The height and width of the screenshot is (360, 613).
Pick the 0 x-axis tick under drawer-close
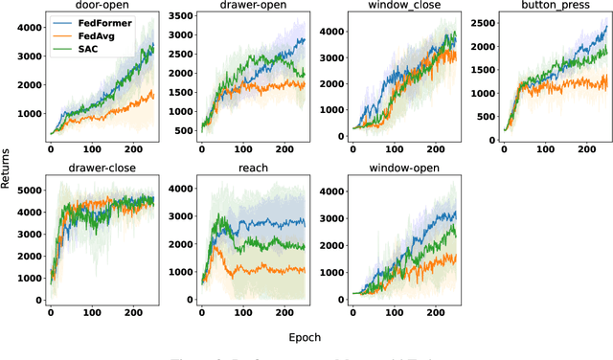pos(50,314)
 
